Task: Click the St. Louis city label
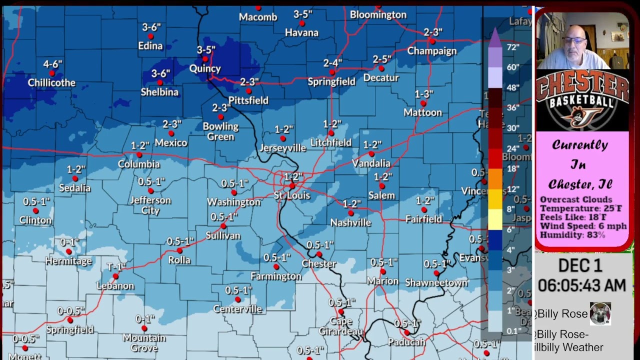tap(292, 195)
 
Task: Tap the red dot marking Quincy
tap(205, 59)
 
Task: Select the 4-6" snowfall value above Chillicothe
tap(52, 64)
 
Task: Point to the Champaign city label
tap(432, 51)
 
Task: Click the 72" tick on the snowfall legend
tap(512, 47)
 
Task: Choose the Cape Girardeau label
tap(340, 326)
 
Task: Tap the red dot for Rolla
tap(179, 250)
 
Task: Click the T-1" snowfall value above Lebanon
tap(116, 267)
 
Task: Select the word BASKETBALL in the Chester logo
tap(582, 102)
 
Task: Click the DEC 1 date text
tap(580, 265)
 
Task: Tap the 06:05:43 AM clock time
tap(582, 285)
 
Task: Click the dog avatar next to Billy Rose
tap(600, 313)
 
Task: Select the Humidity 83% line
tap(572, 235)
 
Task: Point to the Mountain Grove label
tap(144, 342)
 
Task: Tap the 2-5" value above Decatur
tap(381, 59)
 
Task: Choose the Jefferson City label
tap(150, 205)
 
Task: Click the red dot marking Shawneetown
tap(436, 273)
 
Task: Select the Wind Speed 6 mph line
tap(583, 226)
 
